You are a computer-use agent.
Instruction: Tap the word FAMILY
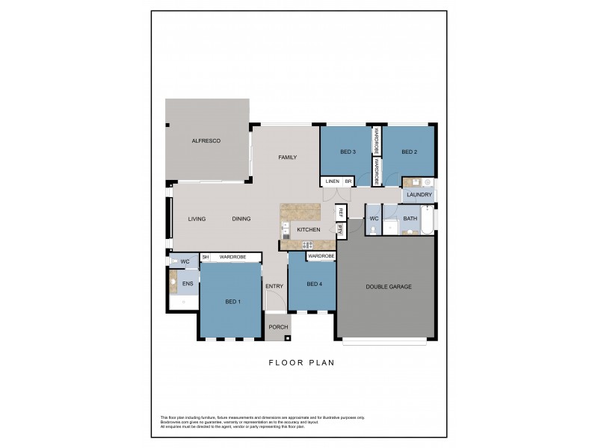click(288, 158)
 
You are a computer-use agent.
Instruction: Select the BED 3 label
click(348, 152)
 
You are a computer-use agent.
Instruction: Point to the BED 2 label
click(408, 152)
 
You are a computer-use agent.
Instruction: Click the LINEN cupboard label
click(332, 181)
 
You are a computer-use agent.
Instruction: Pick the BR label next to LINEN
click(348, 181)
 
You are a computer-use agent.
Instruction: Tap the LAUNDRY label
click(419, 195)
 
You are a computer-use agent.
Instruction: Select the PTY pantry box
click(340, 231)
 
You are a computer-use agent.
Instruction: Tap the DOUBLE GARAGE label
click(389, 287)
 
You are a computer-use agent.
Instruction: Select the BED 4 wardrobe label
click(321, 256)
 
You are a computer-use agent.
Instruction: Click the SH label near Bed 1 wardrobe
click(206, 257)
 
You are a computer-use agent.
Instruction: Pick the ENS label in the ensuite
click(188, 284)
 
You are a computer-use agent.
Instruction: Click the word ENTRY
click(274, 287)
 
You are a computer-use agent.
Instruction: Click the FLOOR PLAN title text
click(301, 363)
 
